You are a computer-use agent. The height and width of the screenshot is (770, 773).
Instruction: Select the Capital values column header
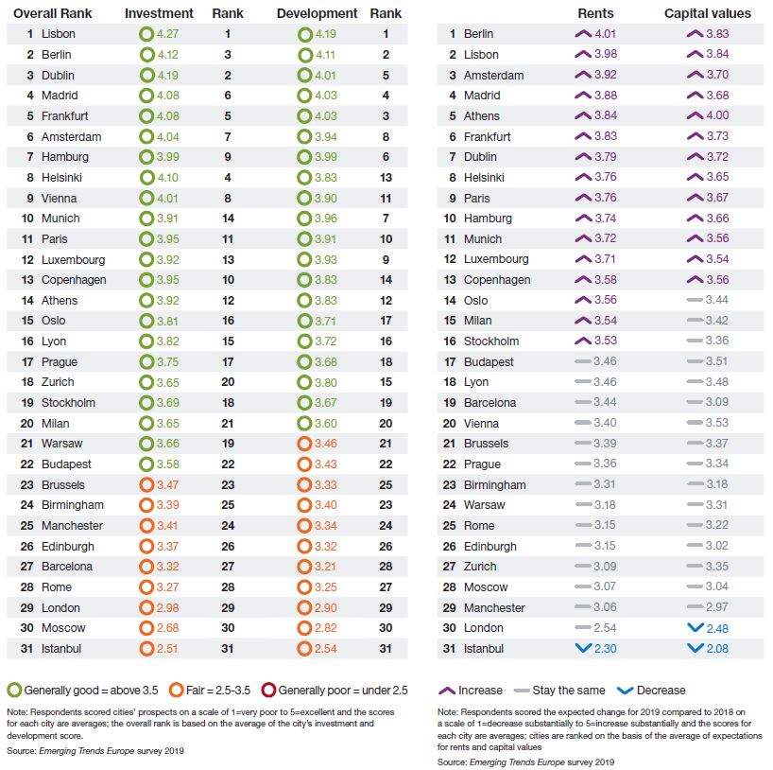(708, 13)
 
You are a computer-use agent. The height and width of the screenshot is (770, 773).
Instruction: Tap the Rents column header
(594, 13)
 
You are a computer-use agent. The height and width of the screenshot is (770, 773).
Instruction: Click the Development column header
(317, 13)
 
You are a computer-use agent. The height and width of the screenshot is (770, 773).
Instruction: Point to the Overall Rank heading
(58, 13)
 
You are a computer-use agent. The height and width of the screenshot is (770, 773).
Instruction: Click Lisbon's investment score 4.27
(166, 34)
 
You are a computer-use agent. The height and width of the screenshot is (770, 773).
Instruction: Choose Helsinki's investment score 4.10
(166, 178)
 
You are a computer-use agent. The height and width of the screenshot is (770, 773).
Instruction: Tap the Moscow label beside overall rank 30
(63, 628)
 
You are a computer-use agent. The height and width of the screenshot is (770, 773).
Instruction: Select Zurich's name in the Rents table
(480, 567)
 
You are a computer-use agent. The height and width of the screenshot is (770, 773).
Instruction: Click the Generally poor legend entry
(348, 690)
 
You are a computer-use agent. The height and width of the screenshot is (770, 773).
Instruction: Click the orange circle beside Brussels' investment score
(146, 484)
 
